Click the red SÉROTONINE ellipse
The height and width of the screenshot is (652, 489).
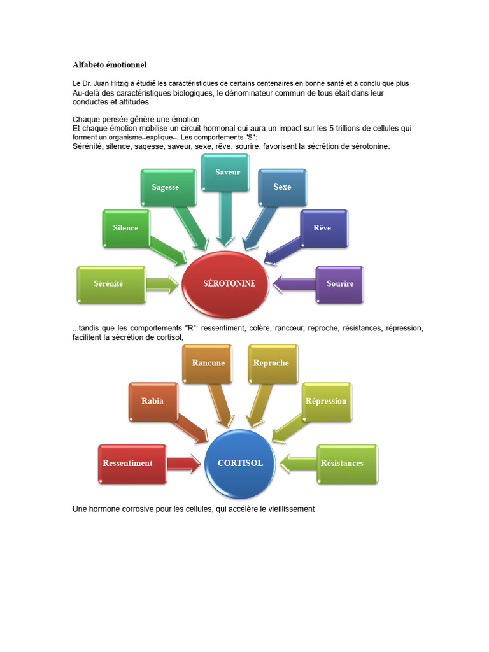[x=229, y=284]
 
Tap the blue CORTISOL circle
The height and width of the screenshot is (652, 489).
[x=240, y=464]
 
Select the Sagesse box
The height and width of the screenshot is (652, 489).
[x=166, y=188]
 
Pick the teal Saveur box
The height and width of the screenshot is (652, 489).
[x=228, y=173]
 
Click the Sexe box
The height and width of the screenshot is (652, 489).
[x=282, y=187]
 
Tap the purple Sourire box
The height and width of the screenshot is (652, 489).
[x=340, y=284]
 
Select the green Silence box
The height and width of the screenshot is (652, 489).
[x=126, y=229]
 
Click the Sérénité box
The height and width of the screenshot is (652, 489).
[x=109, y=284]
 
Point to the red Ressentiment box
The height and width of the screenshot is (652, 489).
[x=128, y=464]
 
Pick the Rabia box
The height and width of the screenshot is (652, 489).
[x=153, y=402]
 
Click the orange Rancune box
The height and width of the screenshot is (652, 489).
[x=208, y=364]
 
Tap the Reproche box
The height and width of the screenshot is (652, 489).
[x=271, y=364]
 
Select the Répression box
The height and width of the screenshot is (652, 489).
[x=326, y=402]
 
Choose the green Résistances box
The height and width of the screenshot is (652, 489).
[x=343, y=464]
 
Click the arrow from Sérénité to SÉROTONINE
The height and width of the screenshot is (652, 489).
[x=162, y=284]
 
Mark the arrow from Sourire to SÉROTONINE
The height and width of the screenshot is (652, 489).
[x=294, y=284]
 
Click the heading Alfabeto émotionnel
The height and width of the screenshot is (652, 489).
[x=110, y=65]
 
